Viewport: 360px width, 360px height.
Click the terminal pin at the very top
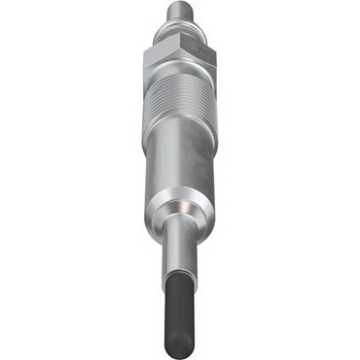click(179, 14)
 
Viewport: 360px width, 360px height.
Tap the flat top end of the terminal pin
click(179, 4)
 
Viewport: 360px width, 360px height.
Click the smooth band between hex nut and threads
click(179, 90)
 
